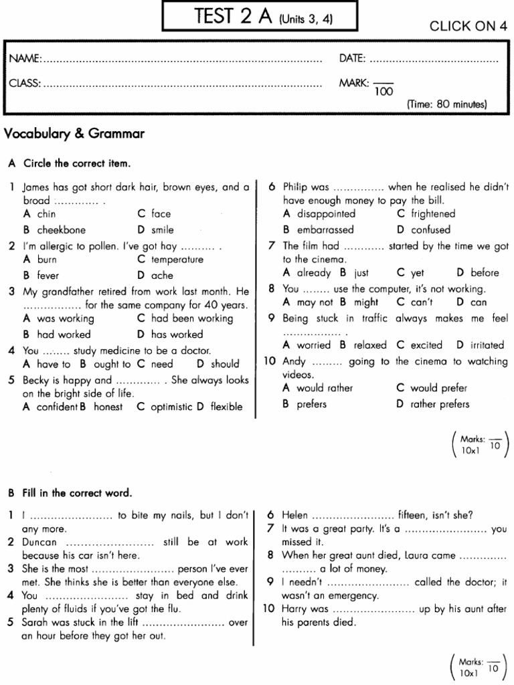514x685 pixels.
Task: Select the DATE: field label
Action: coord(353,59)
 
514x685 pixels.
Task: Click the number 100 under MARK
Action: coord(383,92)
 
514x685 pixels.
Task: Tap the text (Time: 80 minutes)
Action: coord(447,104)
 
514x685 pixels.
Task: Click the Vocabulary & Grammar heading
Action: coord(74,134)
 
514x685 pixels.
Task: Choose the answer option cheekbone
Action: coord(61,229)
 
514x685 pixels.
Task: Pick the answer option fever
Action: coord(48,275)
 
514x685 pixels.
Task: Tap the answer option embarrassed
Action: coord(327,229)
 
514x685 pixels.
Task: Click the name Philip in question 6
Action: coord(296,187)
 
